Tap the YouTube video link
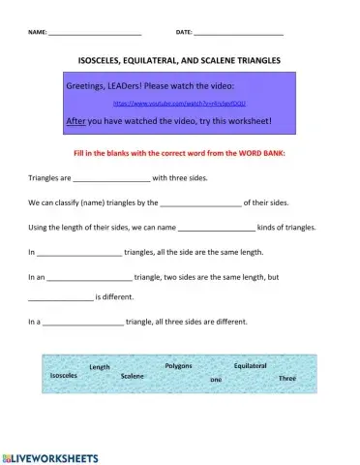179,102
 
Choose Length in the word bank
100,367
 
